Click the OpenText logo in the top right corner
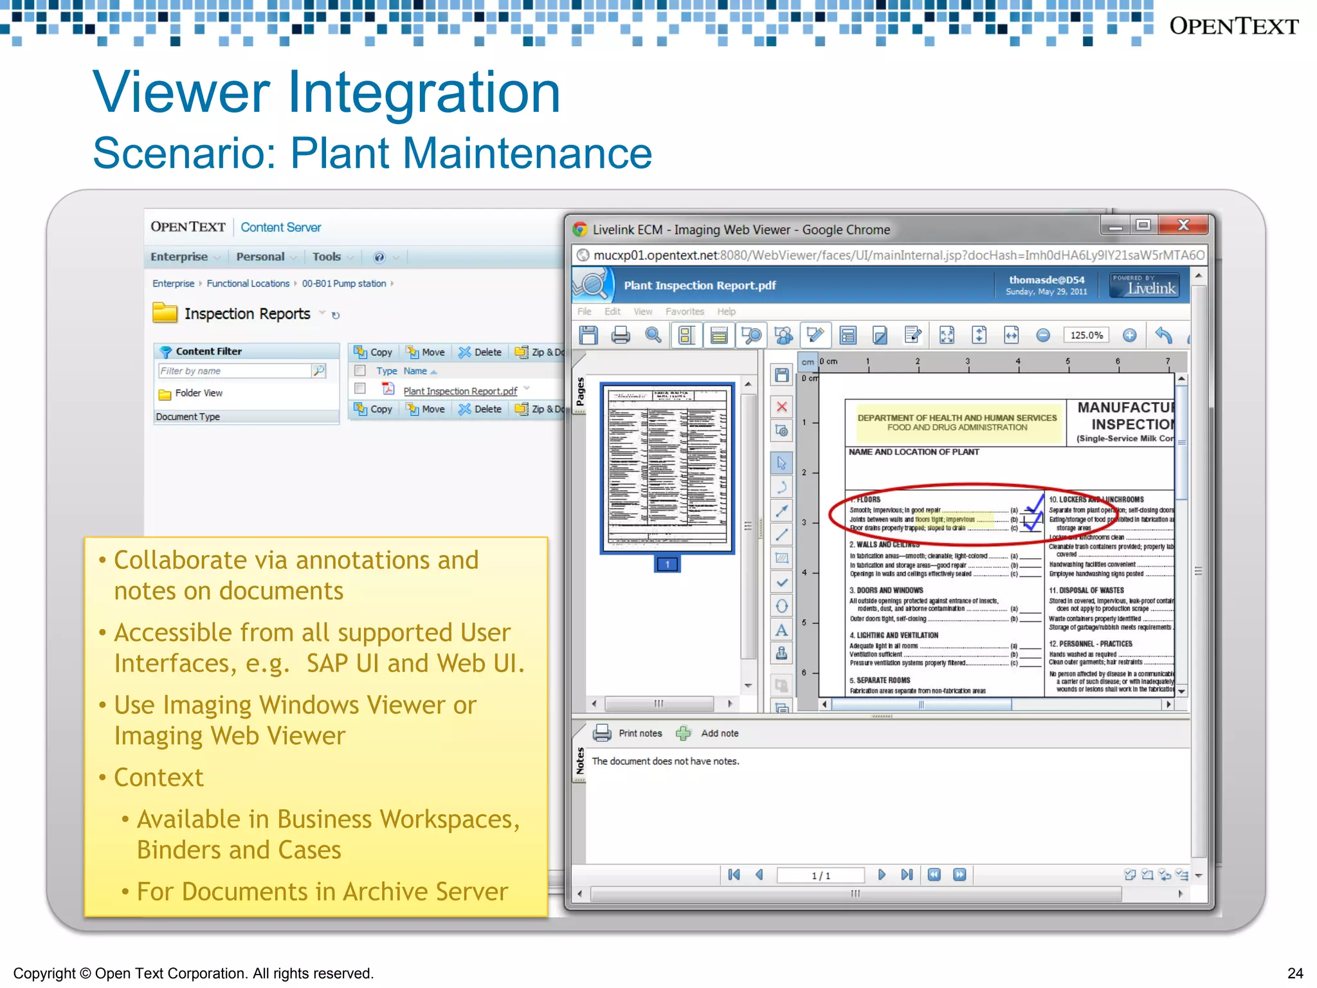click(1233, 26)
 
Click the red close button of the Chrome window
click(1183, 225)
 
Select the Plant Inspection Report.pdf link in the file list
click(460, 391)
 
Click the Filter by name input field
click(235, 371)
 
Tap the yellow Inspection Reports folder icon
click(165, 313)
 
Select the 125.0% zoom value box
click(1086, 335)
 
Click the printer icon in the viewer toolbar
click(621, 335)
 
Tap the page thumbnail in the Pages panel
click(667, 468)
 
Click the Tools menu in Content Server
click(327, 257)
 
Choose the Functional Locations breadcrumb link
click(248, 284)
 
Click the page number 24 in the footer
click(1295, 973)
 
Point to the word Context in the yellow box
click(158, 778)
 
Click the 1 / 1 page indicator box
click(821, 875)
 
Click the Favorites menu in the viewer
click(684, 311)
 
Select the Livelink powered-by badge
click(1145, 285)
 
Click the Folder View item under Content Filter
click(198, 393)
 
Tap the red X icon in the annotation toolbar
click(781, 407)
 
